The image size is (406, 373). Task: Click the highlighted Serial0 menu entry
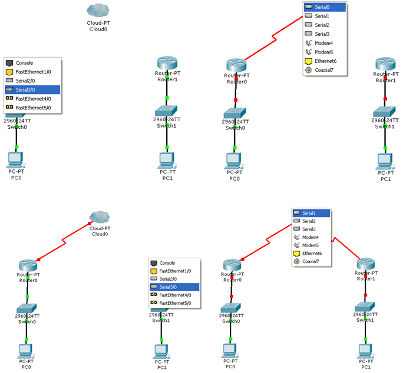(x=324, y=7)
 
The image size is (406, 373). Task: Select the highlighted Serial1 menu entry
(x=311, y=213)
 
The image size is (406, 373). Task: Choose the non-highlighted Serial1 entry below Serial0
(x=324, y=16)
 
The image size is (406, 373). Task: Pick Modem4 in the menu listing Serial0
(x=324, y=43)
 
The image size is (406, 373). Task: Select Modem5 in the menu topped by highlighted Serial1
(x=311, y=245)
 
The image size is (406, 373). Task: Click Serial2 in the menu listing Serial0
(x=324, y=25)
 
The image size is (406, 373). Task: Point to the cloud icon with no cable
(x=97, y=10)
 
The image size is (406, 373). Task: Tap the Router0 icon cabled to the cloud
(x=28, y=265)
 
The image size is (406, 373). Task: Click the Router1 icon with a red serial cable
(x=366, y=265)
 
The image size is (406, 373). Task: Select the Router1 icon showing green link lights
(x=167, y=63)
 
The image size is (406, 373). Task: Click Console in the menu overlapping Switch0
(x=24, y=62)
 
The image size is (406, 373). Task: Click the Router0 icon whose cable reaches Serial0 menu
(x=235, y=65)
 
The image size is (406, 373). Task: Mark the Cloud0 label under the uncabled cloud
(x=97, y=28)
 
